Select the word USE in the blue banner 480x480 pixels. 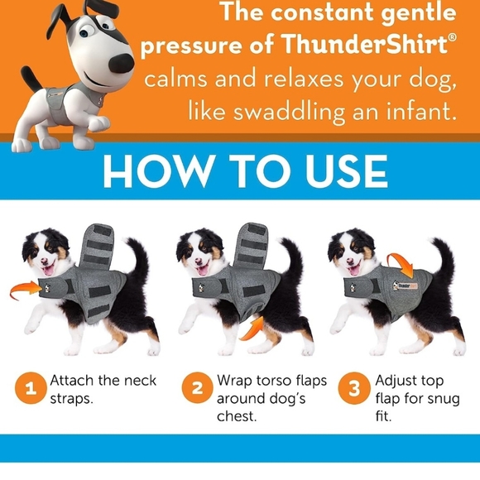(x=342, y=170)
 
